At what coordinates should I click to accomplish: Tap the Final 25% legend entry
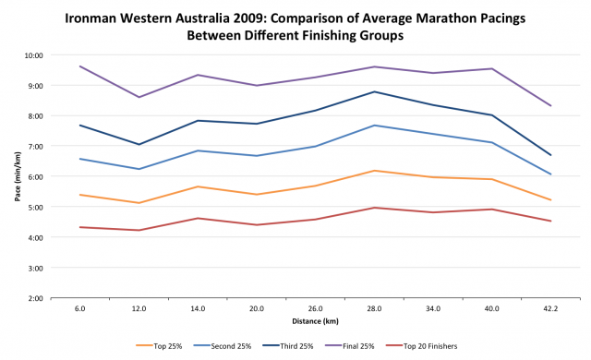click(x=361, y=345)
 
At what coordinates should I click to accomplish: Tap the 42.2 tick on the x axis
click(x=550, y=311)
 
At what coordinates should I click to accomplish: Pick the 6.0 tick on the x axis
click(x=81, y=311)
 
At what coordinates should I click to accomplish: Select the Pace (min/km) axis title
click(x=16, y=175)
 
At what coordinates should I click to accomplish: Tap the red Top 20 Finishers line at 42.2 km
click(x=550, y=221)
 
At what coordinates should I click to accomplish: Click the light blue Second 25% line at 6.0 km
click(x=81, y=159)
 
